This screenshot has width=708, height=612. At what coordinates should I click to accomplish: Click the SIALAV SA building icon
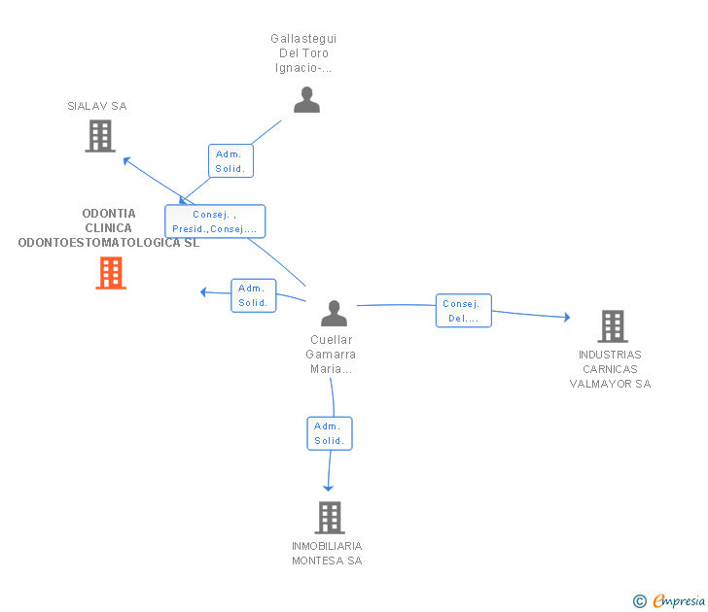point(100,136)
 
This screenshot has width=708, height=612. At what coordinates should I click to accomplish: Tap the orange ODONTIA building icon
point(111,273)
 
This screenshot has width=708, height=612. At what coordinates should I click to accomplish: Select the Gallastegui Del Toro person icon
point(306,100)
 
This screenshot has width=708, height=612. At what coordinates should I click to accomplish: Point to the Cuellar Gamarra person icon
point(334,313)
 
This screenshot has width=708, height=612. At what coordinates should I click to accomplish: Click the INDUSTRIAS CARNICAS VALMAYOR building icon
point(613,326)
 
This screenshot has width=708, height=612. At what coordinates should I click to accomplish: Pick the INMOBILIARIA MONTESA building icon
point(330,518)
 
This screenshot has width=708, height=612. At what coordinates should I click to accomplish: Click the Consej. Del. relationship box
point(463,311)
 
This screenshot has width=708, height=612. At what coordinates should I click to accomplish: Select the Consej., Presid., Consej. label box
point(215,221)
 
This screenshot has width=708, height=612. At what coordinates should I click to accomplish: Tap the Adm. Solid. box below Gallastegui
point(230,161)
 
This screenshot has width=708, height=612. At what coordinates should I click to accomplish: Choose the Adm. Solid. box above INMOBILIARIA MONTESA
point(330,433)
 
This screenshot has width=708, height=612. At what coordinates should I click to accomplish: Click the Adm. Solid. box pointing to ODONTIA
point(253,295)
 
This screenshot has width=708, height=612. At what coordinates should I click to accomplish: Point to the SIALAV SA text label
point(97,106)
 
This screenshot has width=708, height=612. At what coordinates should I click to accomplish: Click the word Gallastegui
point(303,38)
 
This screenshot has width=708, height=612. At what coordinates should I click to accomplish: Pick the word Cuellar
point(331,340)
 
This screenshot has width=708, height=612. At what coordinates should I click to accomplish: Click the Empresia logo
point(669,600)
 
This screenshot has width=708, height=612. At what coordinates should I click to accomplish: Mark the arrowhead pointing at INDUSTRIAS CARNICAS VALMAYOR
point(567,317)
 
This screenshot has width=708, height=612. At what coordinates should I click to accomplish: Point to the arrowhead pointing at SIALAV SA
point(126,160)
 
